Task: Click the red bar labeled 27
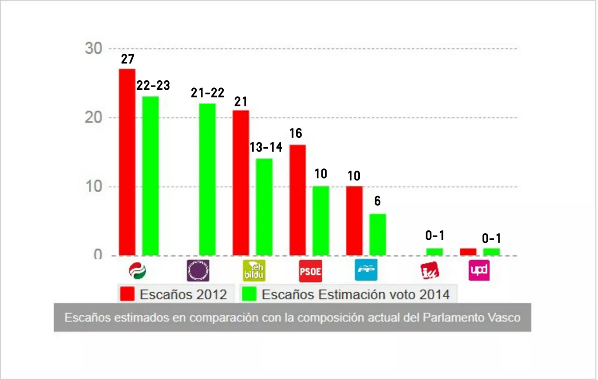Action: coord(127,162)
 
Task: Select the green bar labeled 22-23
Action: coord(150,176)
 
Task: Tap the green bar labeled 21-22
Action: coord(207,179)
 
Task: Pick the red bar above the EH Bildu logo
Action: coord(241,183)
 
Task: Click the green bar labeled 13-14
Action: coord(264,207)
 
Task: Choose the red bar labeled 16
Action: coord(298,200)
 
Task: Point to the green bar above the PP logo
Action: coord(378,235)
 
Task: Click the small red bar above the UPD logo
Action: coord(468,252)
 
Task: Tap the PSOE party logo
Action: coord(310,271)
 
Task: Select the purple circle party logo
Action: coord(198,271)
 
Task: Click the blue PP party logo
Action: coord(366,270)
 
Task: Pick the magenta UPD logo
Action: coord(479,270)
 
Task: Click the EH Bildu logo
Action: coord(254,271)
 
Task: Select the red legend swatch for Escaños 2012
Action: coord(127,294)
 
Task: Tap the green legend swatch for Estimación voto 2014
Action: coord(249,294)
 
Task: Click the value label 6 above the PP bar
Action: coord(377,201)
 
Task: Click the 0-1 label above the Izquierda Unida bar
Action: coord(434,236)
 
